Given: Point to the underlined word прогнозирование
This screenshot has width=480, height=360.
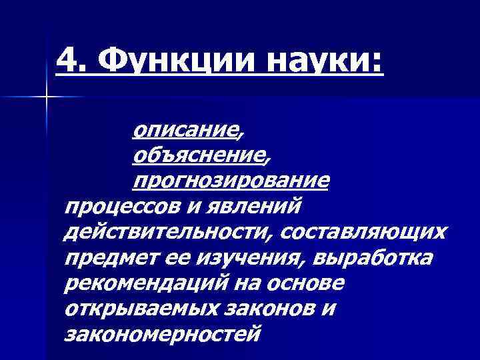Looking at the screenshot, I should (230, 181).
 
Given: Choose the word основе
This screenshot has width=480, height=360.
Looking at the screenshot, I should (310, 283).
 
